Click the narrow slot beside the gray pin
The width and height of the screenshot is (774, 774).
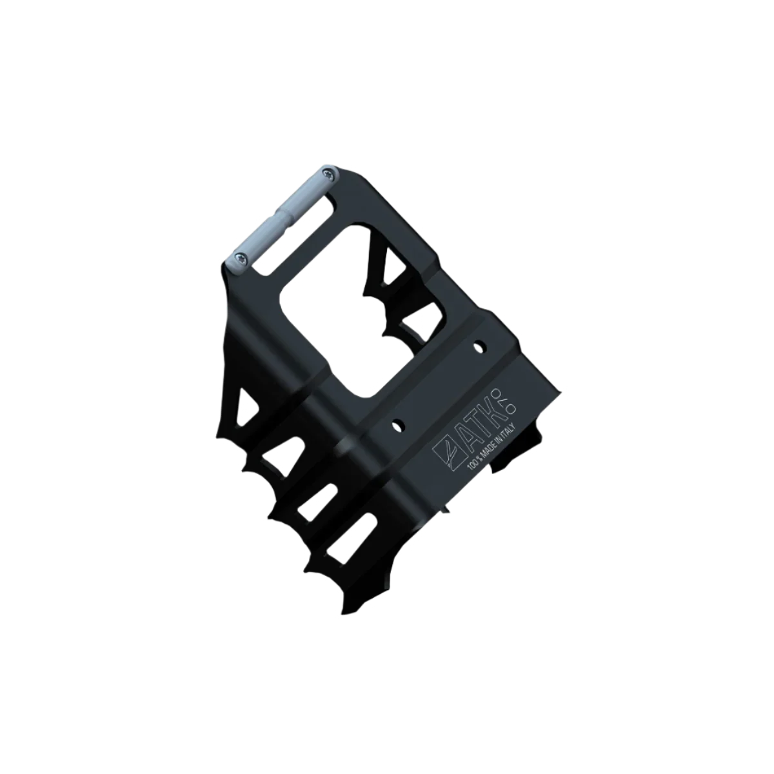pos(298,233)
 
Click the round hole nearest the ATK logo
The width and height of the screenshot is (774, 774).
pos(398,425)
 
